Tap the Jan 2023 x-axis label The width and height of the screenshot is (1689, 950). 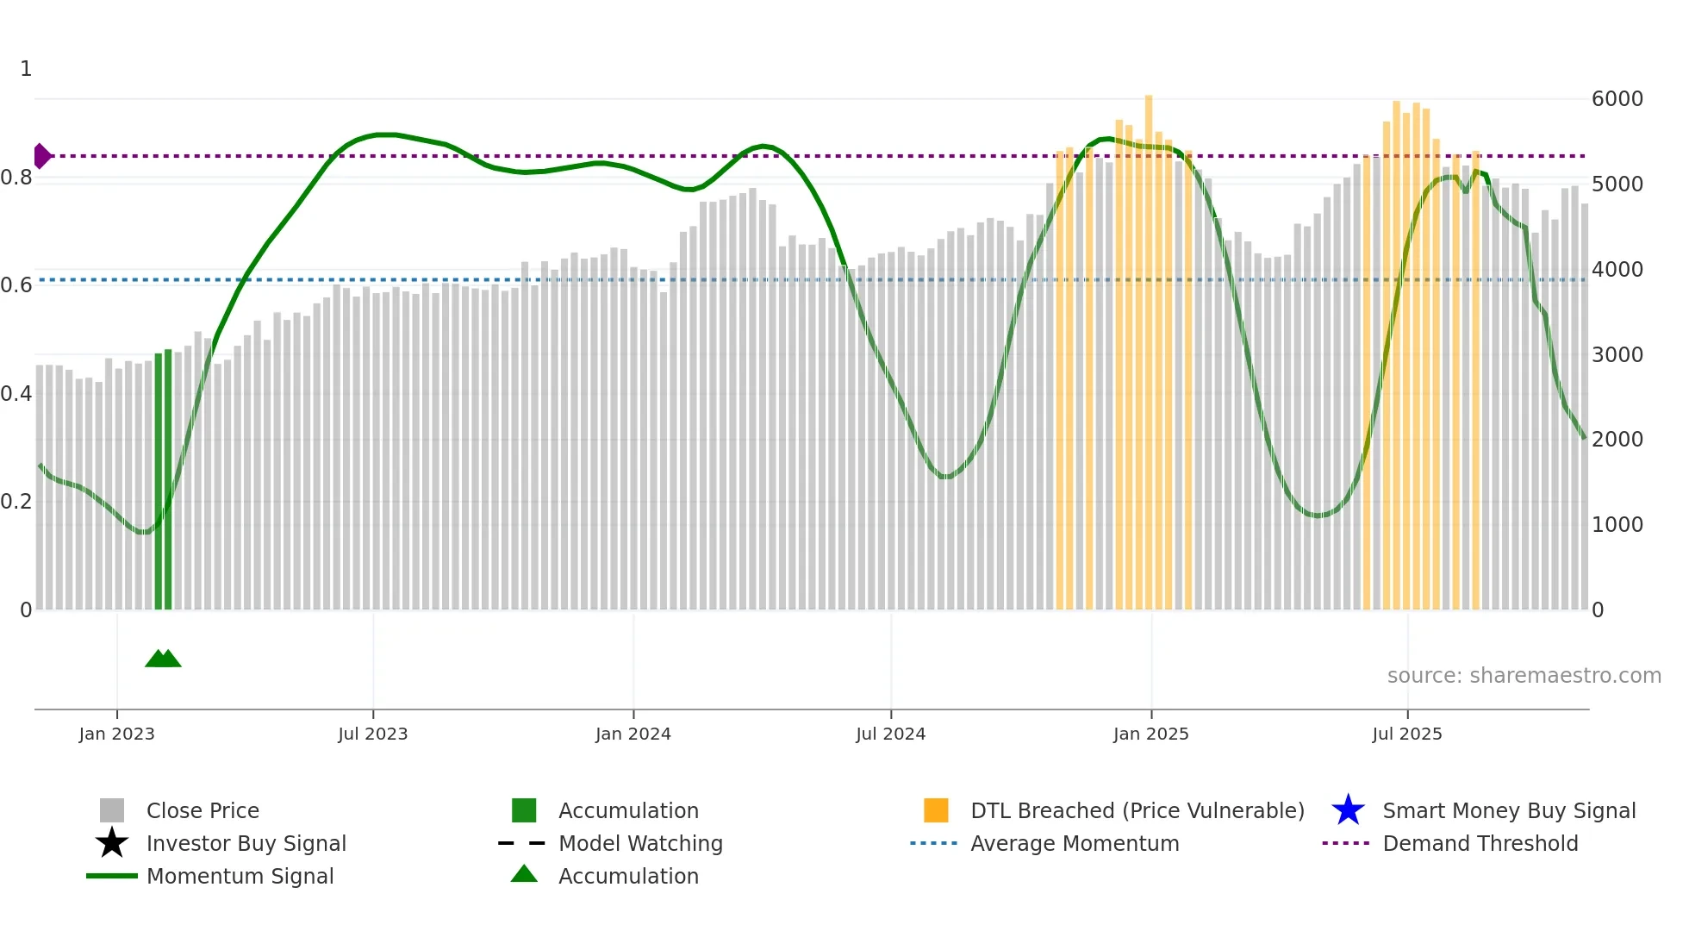[x=116, y=734]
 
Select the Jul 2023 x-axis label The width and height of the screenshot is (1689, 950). [x=372, y=734]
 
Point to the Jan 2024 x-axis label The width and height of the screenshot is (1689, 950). [x=633, y=734]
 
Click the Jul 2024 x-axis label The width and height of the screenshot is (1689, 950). [x=890, y=734]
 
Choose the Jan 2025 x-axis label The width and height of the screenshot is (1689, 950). [x=1150, y=734]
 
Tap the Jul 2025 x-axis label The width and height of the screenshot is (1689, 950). [x=1406, y=734]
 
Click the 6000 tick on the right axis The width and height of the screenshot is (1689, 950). [x=1617, y=99]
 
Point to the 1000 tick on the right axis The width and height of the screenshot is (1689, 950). [x=1617, y=525]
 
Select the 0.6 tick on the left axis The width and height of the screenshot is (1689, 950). [x=16, y=285]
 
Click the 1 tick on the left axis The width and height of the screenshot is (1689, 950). [x=26, y=69]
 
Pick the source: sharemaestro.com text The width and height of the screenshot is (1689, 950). [x=1524, y=676]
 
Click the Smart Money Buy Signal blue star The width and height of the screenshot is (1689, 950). [x=1348, y=810]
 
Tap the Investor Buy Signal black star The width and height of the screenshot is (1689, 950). [x=112, y=843]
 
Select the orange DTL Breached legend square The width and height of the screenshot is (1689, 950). [x=936, y=810]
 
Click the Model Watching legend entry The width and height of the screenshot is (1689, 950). [x=639, y=843]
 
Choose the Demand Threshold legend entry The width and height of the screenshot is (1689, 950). [x=1480, y=843]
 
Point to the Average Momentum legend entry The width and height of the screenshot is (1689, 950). [x=1074, y=843]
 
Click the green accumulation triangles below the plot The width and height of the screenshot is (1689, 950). [x=163, y=659]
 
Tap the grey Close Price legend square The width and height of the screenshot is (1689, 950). [x=112, y=810]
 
